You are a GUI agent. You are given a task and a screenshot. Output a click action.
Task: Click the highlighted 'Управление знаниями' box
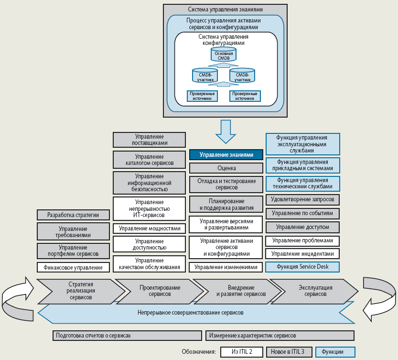click(226, 155)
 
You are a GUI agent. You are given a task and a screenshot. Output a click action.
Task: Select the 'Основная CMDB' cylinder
click(224, 55)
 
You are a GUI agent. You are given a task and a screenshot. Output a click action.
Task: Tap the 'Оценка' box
click(226, 168)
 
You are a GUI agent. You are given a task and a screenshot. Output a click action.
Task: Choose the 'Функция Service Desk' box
click(303, 267)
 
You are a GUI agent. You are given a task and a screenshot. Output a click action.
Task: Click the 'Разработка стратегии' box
click(73, 215)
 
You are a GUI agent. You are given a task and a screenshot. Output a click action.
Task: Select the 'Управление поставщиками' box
click(149, 140)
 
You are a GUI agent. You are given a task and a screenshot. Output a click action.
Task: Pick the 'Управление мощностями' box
click(149, 229)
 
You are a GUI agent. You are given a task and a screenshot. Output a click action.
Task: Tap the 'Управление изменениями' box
click(226, 267)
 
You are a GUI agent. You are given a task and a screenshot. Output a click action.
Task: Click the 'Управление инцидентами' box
click(303, 253)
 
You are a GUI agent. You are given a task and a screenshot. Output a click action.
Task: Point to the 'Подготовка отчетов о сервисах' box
click(127, 336)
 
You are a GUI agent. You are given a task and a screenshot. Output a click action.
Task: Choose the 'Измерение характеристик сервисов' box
click(280, 336)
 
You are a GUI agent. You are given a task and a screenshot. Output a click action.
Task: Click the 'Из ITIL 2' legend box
click(242, 352)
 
